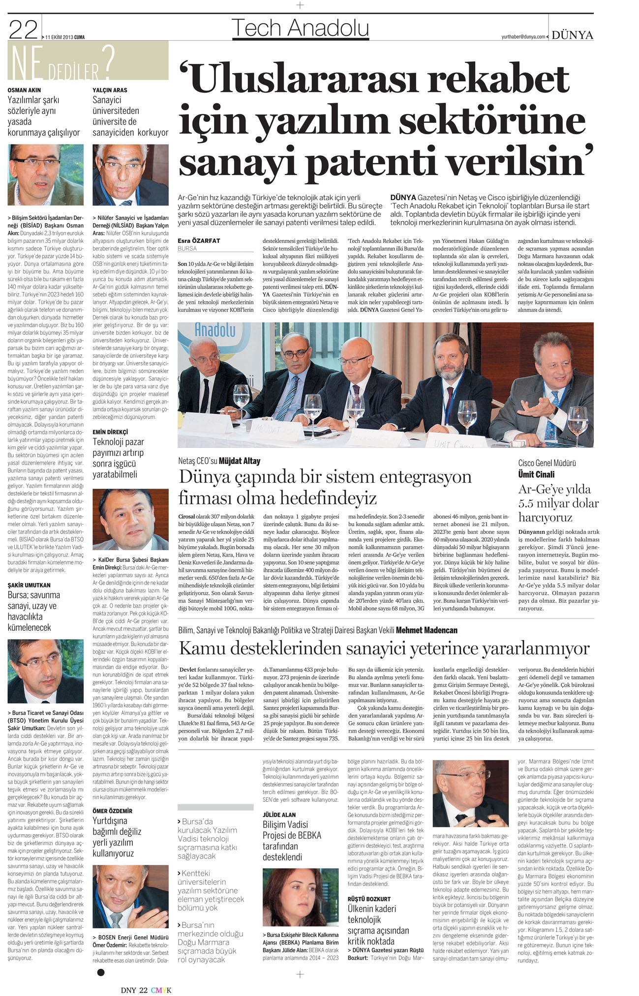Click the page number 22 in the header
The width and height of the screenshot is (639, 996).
pos(24,30)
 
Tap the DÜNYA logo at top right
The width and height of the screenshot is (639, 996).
pos(572,35)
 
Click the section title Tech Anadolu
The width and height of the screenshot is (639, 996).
pos(300,28)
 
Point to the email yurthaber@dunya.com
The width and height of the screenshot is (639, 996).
pos(523,37)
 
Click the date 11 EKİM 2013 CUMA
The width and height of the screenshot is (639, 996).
pos(65,36)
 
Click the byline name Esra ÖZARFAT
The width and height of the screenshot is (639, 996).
pos(199,240)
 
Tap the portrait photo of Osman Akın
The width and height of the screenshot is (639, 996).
pos(46,175)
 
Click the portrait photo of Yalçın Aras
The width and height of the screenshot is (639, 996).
pos(130,175)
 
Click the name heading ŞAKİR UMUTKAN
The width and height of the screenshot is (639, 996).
pos(29,585)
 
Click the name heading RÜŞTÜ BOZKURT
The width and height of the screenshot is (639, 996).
pos(369,899)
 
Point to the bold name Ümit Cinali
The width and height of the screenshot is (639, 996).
pos(536,474)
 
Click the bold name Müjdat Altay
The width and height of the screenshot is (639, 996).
pos(240,461)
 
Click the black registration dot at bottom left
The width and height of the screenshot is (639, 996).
pos(101,972)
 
